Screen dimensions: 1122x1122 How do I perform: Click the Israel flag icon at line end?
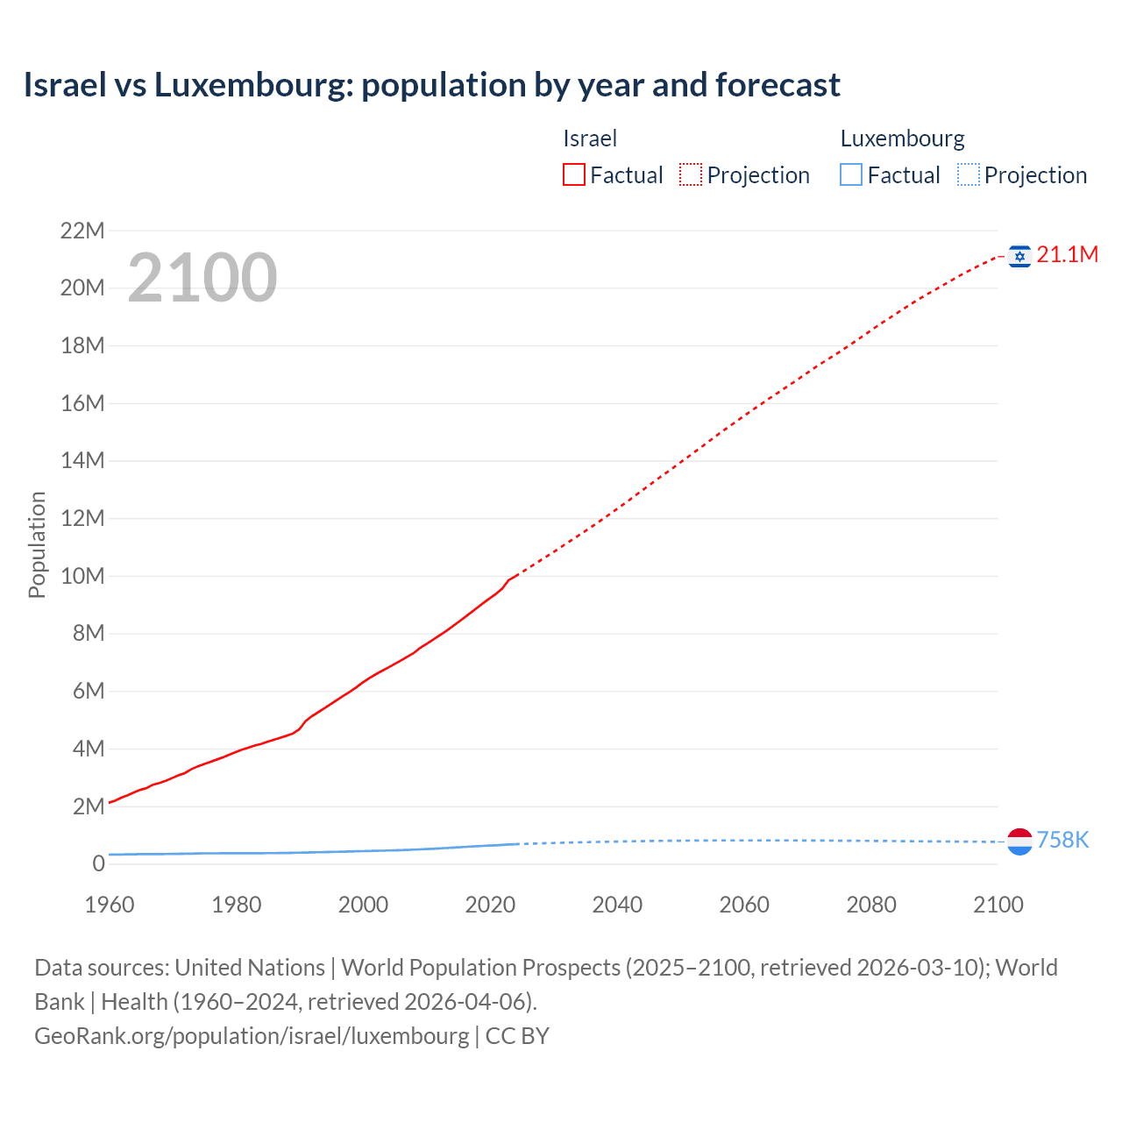pos(1019,255)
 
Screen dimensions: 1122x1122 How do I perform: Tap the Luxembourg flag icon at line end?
pos(1019,841)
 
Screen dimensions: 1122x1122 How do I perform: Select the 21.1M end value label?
pos(1067,254)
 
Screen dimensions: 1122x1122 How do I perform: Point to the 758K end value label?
pos(1062,840)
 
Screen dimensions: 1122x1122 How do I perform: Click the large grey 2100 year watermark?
pos(202,278)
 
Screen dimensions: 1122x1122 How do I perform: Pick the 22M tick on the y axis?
pos(82,231)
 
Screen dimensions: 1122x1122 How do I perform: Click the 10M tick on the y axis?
pos(82,576)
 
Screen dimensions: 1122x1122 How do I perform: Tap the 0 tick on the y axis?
pos(98,863)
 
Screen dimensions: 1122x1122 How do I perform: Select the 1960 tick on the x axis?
pos(110,905)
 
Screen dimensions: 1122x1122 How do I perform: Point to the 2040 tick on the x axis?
pos(617,905)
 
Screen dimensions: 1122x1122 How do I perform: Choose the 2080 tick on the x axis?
pos(871,905)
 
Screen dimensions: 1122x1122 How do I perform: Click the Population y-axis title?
pos(37,544)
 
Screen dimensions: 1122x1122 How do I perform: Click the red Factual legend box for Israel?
pos(574,175)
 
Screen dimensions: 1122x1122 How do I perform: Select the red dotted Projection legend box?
pos(691,175)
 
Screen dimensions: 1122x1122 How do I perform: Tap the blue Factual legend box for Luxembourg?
pos(851,175)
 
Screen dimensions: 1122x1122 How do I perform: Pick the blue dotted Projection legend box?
pos(969,175)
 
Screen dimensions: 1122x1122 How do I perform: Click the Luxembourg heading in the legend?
pos(902,138)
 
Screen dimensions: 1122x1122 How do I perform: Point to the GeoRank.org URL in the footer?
pos(252,1035)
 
